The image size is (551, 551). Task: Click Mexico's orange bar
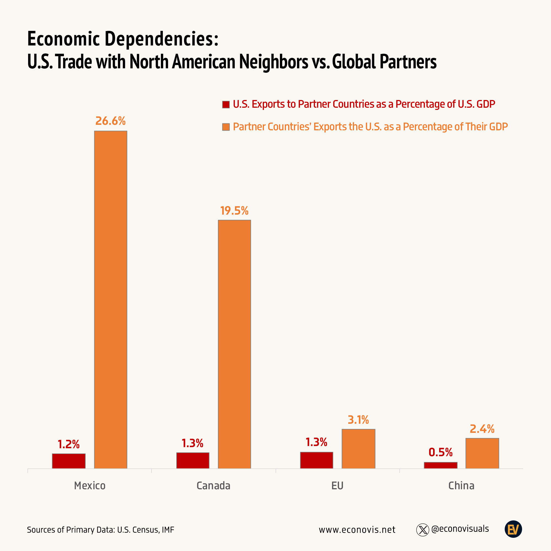click(x=111, y=299)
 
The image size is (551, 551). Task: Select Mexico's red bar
click(x=69, y=461)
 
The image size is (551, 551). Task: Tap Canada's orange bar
click(x=234, y=344)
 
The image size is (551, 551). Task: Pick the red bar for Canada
click(x=193, y=460)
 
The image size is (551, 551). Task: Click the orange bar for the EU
click(x=358, y=449)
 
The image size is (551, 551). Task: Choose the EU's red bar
click(x=317, y=460)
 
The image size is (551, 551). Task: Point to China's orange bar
click(x=482, y=453)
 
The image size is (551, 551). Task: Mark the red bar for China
click(x=441, y=465)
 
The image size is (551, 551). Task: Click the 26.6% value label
click(x=110, y=121)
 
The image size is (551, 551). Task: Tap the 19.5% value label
click(x=234, y=211)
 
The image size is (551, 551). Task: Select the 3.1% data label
click(x=358, y=420)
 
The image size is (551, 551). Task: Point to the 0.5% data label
click(x=441, y=452)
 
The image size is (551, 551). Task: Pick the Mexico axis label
click(x=90, y=486)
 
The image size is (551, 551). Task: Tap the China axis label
click(x=461, y=486)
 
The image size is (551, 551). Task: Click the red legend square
click(x=226, y=104)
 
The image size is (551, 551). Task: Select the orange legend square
click(x=226, y=127)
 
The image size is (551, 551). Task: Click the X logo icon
click(x=423, y=530)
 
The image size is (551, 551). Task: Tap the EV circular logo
click(x=513, y=529)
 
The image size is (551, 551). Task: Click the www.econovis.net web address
click(x=357, y=530)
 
